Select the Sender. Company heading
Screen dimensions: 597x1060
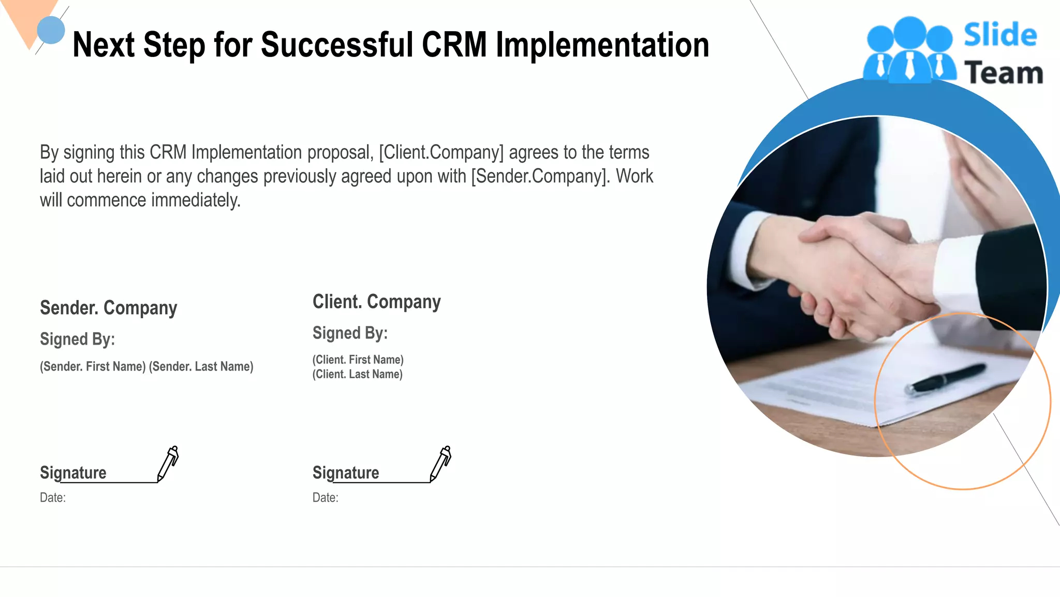point(108,308)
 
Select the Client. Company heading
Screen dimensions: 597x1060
point(376,302)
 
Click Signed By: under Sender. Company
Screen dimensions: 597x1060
point(77,339)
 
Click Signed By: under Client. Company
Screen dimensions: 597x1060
point(350,333)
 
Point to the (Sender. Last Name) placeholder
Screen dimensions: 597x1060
point(201,366)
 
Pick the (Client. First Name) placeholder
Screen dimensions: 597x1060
point(358,360)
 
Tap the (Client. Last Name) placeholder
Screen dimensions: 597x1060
point(357,374)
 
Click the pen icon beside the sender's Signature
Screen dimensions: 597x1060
point(168,463)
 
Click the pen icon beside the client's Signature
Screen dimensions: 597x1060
point(441,463)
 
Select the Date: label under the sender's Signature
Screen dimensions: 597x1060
point(52,497)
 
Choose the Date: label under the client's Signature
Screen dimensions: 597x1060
point(325,497)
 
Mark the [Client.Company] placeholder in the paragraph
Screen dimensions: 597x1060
point(441,152)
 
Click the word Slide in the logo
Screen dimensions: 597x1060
point(1000,35)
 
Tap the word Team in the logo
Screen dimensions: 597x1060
point(1004,73)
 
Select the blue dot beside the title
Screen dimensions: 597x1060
point(51,30)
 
